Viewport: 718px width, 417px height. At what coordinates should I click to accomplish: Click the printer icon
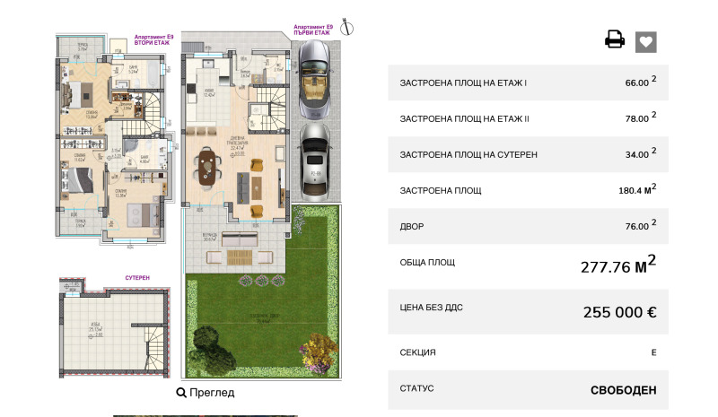coord(615,39)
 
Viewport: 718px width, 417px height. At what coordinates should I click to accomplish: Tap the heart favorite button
coord(646,41)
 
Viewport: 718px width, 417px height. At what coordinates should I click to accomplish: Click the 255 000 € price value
coord(620,313)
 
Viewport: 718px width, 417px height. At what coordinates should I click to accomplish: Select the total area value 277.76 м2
coord(620,265)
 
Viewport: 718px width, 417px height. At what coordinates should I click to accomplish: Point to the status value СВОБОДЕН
coord(623,390)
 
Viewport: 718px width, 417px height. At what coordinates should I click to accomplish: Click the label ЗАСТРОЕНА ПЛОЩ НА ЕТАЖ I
coord(464,83)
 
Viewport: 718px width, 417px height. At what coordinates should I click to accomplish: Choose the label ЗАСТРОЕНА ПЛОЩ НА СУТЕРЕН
coord(468,154)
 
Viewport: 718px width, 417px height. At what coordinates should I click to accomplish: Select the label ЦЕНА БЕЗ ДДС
coord(432,308)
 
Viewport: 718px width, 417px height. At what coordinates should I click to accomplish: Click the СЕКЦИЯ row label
coord(418,352)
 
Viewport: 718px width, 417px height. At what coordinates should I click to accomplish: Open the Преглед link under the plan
coord(206,393)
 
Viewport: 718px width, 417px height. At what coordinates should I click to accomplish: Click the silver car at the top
coord(313,82)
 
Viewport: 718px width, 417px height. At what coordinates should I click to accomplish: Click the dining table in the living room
coord(209,166)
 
